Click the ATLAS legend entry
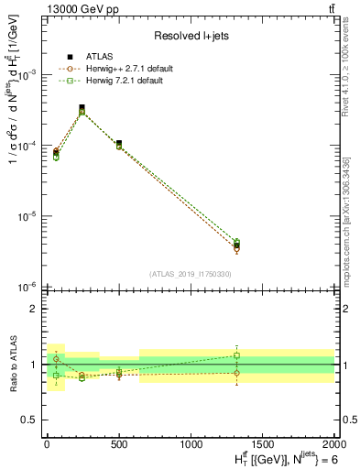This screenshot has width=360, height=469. (x=92, y=58)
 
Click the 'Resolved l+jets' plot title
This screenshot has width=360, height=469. (x=191, y=36)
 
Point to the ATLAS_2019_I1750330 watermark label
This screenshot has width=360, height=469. (x=191, y=274)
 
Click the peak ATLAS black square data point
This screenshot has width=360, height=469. (x=82, y=107)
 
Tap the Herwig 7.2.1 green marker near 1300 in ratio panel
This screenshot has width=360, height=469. (x=236, y=355)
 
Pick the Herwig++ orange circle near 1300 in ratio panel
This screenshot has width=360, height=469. (x=236, y=373)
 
